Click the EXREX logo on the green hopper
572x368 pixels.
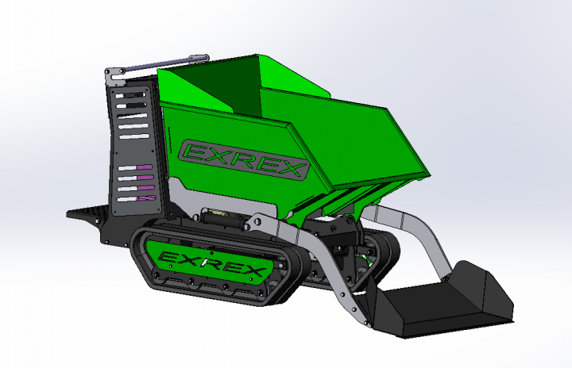(x=244, y=159)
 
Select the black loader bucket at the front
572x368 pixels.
(x=437, y=301)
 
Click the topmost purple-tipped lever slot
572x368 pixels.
(x=135, y=167)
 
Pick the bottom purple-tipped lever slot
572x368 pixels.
(x=137, y=198)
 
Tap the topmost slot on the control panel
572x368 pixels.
(x=130, y=95)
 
